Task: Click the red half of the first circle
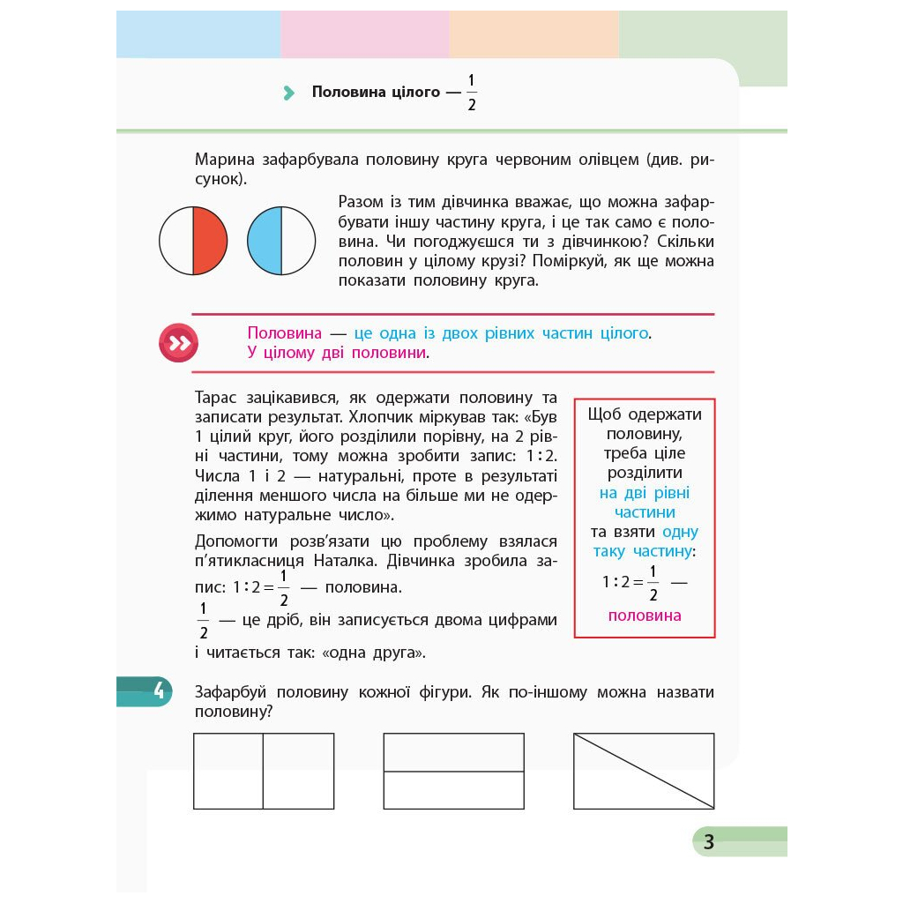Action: coord(210,240)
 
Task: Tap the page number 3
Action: coord(708,842)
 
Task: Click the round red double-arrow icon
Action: coord(178,343)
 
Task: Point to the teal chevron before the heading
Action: coord(288,93)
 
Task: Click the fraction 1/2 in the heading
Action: coord(471,93)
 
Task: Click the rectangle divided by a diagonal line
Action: coord(644,771)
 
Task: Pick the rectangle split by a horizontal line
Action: coord(453,771)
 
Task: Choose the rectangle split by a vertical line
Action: coord(264,771)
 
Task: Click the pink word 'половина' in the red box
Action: coord(645,616)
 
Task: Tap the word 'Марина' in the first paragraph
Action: coord(224,160)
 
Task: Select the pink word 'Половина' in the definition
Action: coord(284,333)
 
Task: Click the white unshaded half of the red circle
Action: coord(176,240)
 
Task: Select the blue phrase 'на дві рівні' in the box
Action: coord(645,492)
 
